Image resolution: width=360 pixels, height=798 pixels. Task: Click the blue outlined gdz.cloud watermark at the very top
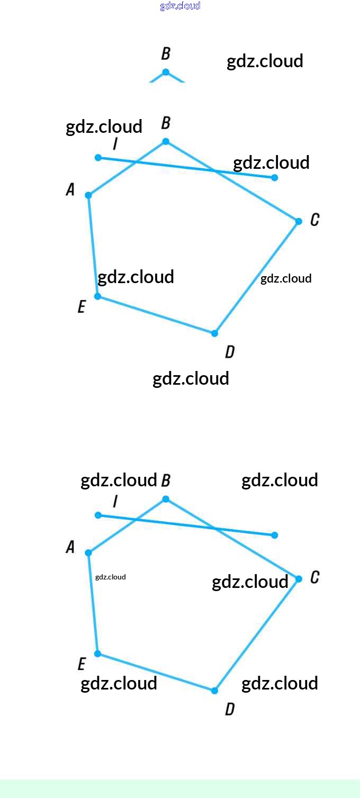180,6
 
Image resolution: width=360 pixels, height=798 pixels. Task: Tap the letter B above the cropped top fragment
166,53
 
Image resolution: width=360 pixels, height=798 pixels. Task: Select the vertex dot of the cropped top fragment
166,72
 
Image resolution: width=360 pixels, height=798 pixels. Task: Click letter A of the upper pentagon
70,189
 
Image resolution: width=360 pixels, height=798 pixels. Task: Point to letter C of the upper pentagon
314,220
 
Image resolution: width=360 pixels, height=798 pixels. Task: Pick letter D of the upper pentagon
230,352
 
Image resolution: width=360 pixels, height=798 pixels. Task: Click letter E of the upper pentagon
82,306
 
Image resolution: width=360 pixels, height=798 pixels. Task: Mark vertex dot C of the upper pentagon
299,222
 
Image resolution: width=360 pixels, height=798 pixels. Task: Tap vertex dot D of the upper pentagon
214,333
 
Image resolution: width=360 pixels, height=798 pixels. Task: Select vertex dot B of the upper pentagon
166,142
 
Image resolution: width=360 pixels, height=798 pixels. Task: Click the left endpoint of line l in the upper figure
98,158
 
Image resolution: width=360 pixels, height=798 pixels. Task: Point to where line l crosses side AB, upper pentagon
136,162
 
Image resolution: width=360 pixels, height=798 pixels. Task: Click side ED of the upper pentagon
156,315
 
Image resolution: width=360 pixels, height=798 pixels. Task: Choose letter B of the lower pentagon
166,480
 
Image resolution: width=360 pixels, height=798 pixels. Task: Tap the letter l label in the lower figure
115,501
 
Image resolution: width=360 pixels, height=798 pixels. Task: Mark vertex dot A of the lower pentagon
88,552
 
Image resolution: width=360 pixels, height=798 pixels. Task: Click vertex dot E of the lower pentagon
97,654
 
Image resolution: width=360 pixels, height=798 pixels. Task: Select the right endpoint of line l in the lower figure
274,534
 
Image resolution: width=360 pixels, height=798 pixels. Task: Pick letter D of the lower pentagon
230,709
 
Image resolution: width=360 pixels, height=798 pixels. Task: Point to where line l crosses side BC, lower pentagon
215,528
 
